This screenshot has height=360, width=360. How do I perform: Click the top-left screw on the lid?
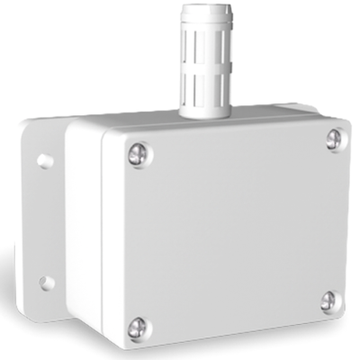click(139, 154)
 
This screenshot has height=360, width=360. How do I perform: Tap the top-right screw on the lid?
click(334, 138)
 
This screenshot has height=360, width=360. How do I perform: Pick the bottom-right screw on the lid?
click(329, 301)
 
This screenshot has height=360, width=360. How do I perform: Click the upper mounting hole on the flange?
click(45, 161)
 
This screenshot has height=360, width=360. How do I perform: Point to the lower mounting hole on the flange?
click(47, 283)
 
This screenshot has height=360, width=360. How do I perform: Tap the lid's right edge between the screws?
click(345, 220)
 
